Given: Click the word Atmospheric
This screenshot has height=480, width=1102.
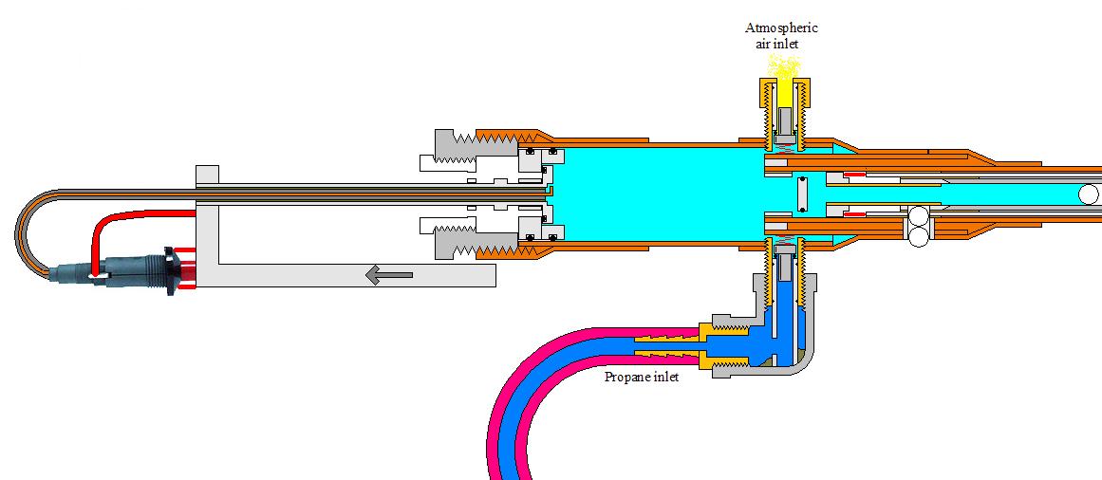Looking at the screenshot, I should pyautogui.click(x=781, y=28).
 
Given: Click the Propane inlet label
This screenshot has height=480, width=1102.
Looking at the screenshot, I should pyautogui.click(x=642, y=378).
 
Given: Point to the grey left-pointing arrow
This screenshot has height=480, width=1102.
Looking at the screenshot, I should pyautogui.click(x=389, y=275).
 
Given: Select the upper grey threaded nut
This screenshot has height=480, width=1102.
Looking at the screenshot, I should pyautogui.click(x=451, y=147).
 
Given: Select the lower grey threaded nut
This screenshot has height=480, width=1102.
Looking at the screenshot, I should pyautogui.click(x=451, y=242).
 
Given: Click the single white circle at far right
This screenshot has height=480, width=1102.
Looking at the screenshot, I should pyautogui.click(x=1089, y=194).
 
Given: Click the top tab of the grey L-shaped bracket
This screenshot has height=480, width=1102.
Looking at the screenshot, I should pyautogui.click(x=207, y=176).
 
